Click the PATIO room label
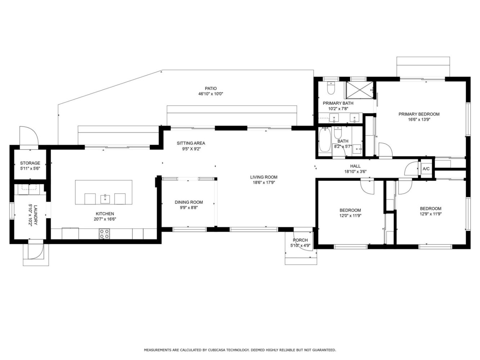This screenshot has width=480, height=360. (x=211, y=89)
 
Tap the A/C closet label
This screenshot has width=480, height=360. (x=426, y=169)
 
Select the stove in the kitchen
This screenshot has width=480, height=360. (x=104, y=234)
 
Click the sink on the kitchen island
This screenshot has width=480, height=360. (x=105, y=199)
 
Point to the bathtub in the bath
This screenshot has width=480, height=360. (x=325, y=140)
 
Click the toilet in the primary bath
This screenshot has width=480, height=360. (x=331, y=88)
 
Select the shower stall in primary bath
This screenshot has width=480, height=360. (x=359, y=90)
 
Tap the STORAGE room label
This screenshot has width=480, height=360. (x=30, y=163)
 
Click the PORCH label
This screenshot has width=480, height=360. (x=300, y=240)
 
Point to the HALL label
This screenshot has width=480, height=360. (x=355, y=166)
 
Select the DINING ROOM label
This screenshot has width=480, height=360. (x=189, y=202)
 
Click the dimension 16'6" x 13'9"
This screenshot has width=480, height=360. (x=419, y=120)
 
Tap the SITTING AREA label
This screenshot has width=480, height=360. (x=191, y=143)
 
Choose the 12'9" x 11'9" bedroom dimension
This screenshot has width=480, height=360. (x=431, y=214)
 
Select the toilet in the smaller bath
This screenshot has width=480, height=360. (x=338, y=132)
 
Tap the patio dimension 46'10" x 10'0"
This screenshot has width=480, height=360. (x=211, y=94)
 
